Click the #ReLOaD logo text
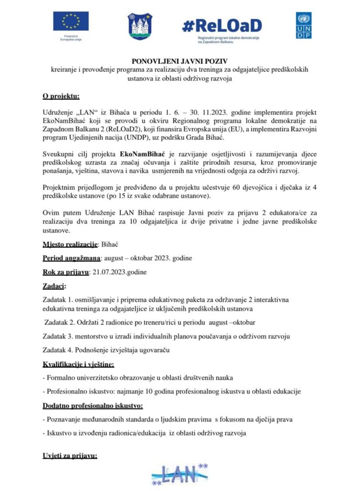222,25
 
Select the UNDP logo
303,27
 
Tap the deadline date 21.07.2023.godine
119,272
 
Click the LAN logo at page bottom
180,476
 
